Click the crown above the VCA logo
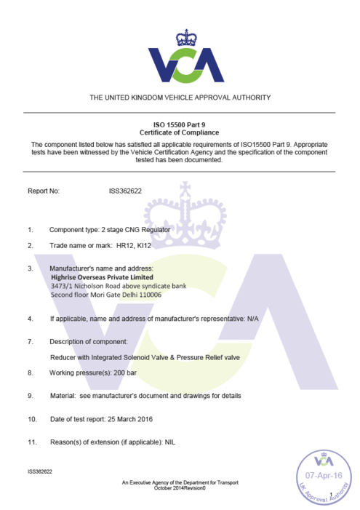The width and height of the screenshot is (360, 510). (x=180, y=37)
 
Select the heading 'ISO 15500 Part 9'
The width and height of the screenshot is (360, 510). (x=180, y=126)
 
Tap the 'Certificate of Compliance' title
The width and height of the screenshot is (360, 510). (x=180, y=133)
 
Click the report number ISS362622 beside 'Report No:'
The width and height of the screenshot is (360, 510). (x=125, y=191)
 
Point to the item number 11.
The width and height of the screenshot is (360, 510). (x=32, y=442)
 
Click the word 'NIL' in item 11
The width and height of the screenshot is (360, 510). (x=170, y=442)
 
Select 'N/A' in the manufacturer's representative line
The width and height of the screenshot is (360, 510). (x=252, y=318)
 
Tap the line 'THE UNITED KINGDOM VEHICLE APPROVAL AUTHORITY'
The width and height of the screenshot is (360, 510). (x=180, y=97)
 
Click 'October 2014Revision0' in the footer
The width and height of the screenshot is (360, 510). (x=180, y=488)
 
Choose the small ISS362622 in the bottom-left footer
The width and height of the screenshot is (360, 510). (x=39, y=471)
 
